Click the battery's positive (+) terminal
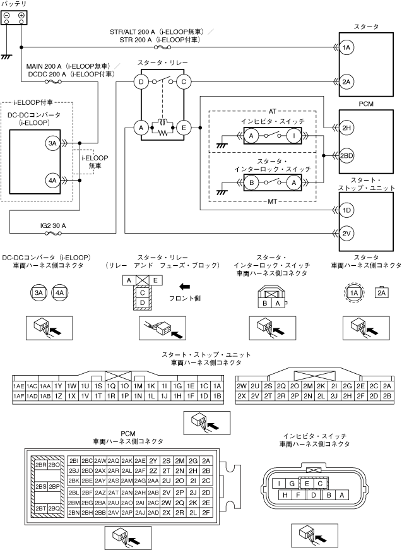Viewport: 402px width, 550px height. [21, 15]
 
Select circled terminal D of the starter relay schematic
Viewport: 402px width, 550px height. [141, 81]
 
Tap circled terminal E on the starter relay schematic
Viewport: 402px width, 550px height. [184, 128]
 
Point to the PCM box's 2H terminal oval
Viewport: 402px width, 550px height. [346, 128]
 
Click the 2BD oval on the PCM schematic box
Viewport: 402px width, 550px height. [346, 156]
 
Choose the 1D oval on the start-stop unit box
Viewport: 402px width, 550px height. [346, 210]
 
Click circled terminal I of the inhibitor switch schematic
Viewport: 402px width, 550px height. [294, 136]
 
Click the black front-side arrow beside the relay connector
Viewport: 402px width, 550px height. [185, 286]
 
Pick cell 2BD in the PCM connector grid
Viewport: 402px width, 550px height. [87, 470]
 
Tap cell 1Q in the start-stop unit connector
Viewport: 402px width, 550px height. [111, 386]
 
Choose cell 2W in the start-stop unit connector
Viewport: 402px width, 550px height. [240, 386]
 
